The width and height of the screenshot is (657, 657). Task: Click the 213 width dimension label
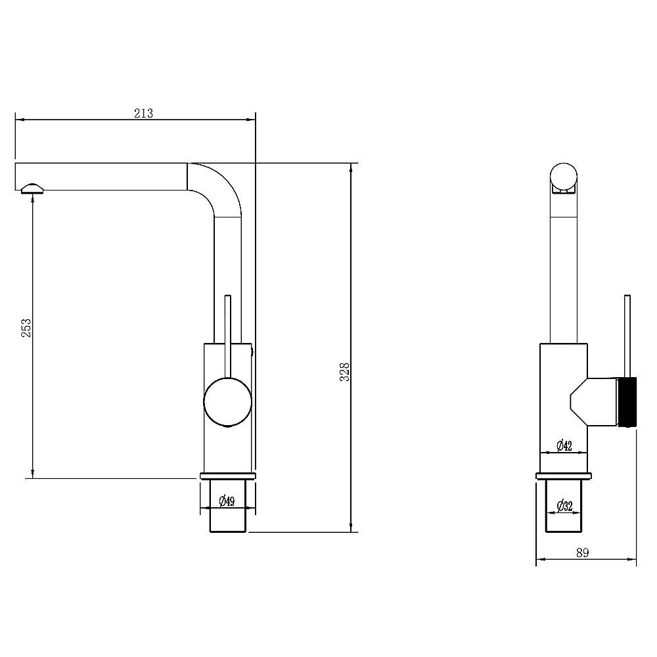tap(143, 113)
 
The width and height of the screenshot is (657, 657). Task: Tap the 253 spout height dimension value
tap(26, 328)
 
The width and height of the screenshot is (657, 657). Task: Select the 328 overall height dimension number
tap(344, 372)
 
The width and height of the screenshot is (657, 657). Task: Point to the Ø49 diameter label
tap(227, 501)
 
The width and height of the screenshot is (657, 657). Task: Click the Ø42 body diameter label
tap(564, 445)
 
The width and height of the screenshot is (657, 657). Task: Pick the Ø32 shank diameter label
tap(564, 506)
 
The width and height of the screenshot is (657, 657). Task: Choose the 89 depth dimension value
tap(582, 553)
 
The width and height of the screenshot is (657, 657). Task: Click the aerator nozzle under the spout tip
tap(32, 188)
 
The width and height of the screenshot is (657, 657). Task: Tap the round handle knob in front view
tap(227, 402)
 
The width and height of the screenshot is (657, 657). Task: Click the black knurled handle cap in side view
tap(627, 402)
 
